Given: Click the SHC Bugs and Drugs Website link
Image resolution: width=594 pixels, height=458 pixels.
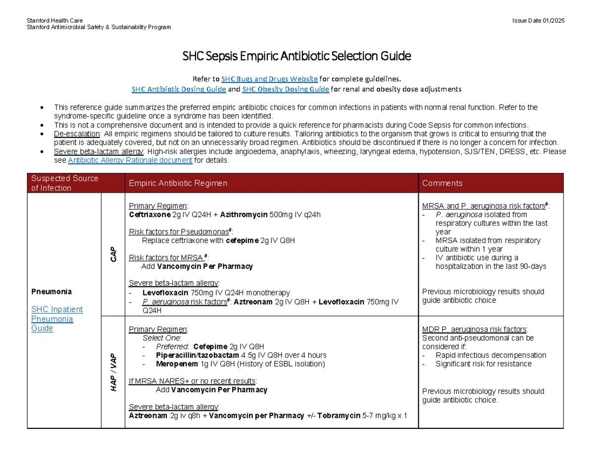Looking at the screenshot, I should (x=269, y=79).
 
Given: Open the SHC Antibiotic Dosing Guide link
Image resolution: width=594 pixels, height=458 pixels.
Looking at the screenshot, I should (x=179, y=89).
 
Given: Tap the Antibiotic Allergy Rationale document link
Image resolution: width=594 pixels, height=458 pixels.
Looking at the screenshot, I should (x=130, y=160).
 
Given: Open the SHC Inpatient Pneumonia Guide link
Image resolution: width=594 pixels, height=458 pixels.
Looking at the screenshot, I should (x=56, y=319).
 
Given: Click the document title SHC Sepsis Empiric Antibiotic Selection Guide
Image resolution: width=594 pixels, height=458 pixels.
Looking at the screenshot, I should (x=297, y=56).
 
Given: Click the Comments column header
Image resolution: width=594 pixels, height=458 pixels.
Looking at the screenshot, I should (x=442, y=183).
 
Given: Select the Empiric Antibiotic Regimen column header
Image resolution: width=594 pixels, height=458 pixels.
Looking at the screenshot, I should (x=178, y=183).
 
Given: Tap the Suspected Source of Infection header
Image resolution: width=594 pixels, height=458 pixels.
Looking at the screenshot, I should (x=64, y=183).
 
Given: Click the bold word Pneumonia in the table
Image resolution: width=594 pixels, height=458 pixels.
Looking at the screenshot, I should (x=51, y=291).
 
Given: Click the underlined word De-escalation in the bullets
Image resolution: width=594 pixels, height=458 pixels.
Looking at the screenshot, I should (x=77, y=134).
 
